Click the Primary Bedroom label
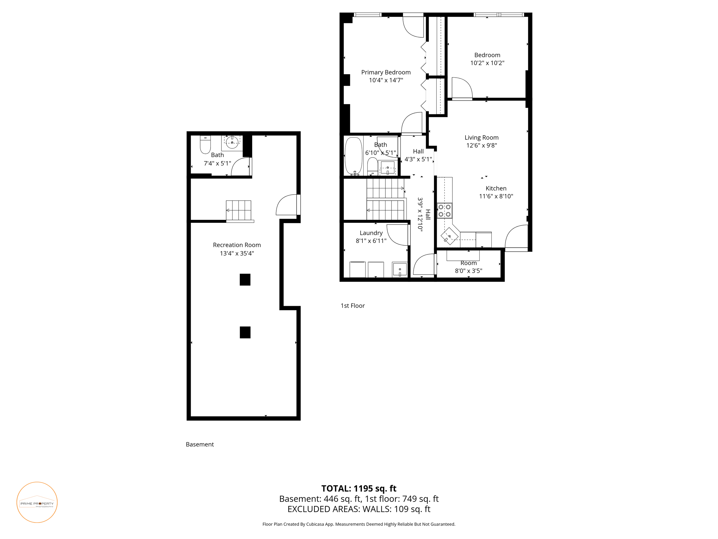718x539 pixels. point(386,72)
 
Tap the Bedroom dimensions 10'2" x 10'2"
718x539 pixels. point(487,63)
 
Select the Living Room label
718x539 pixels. point(481,138)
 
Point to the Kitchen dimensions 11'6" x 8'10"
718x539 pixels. point(496,196)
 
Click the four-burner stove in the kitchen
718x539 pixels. point(444,210)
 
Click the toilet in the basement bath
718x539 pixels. point(205,145)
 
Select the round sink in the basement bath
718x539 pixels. point(232,142)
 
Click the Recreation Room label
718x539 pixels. point(237,245)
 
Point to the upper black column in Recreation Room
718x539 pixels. point(245,280)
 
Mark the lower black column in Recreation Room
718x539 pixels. point(245,332)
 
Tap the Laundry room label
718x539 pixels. point(371,233)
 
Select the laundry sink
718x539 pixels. point(399,270)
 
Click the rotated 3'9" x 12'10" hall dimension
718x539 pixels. point(420,214)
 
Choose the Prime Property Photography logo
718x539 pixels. point(37,502)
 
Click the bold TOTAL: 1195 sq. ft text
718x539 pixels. point(359,489)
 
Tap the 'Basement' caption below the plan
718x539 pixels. point(200,444)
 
